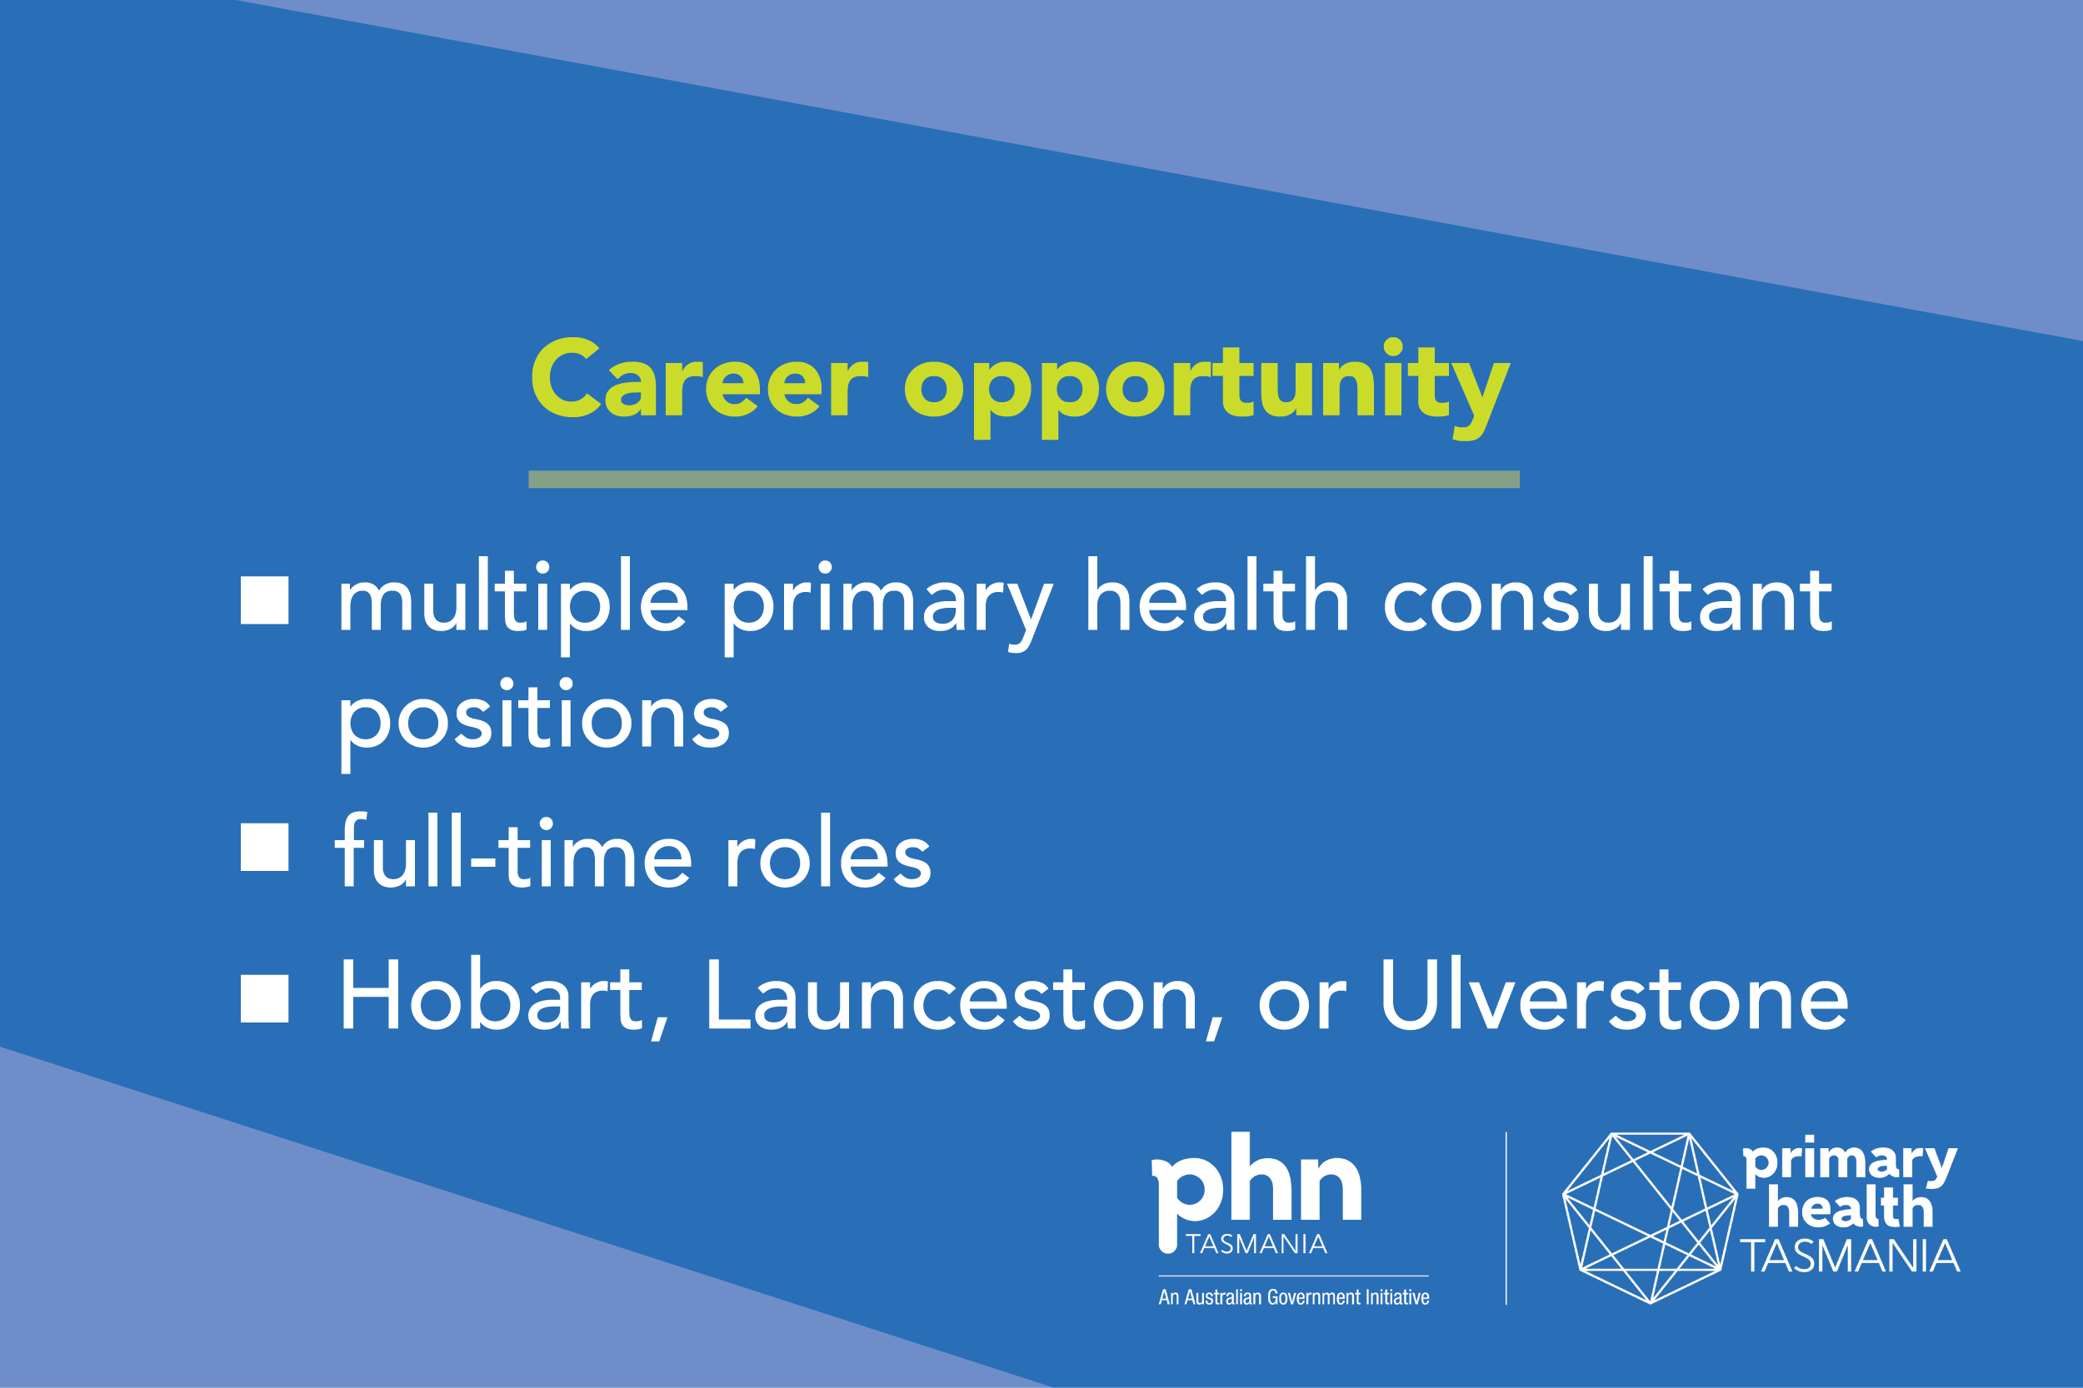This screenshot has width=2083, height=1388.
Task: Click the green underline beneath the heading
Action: click(1024, 479)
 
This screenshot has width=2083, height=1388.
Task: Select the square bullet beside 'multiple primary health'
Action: click(265, 600)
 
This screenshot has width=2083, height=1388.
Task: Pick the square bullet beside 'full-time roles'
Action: click(265, 847)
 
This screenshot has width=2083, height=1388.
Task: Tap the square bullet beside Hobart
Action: click(265, 998)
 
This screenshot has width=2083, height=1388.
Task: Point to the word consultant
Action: click(1607, 598)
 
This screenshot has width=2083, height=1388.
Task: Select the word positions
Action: click(534, 725)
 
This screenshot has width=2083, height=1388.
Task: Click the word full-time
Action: click(513, 850)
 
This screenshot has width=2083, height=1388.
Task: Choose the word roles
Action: click(828, 852)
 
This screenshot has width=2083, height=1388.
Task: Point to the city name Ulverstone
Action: click(1615, 995)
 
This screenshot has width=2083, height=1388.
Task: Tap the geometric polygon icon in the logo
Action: click(1650, 1218)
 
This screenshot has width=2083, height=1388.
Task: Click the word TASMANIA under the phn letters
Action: click(1256, 1245)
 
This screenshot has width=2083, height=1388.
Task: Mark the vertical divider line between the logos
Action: click(1506, 1218)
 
